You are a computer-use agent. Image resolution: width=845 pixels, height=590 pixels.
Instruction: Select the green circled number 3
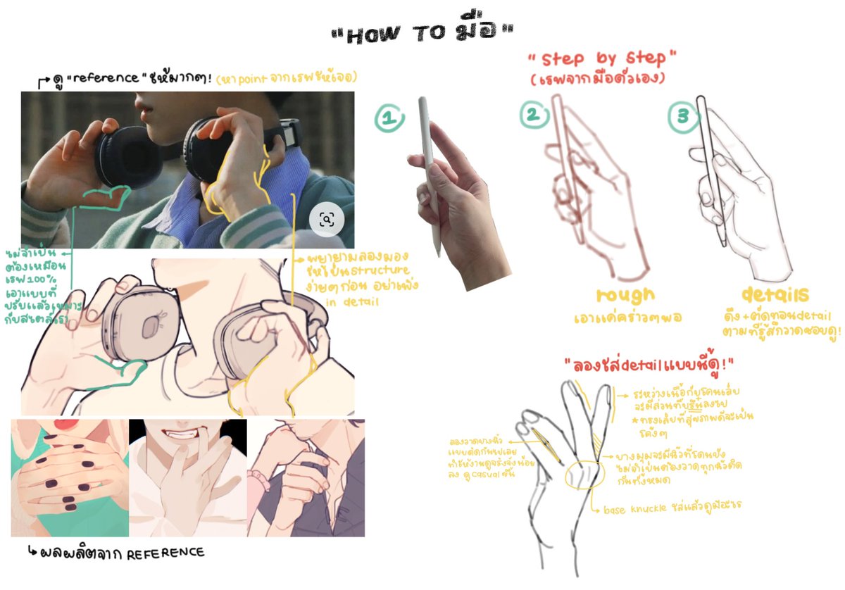[x=682, y=118]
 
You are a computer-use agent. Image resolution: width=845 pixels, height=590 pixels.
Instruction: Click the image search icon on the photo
[x=327, y=220]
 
